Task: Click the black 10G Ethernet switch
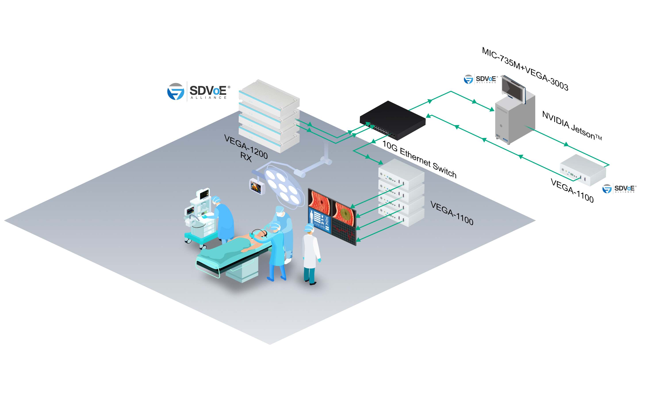393,120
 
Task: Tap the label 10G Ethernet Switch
419,160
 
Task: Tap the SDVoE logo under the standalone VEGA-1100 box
619,189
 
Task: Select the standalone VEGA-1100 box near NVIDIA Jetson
583,170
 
